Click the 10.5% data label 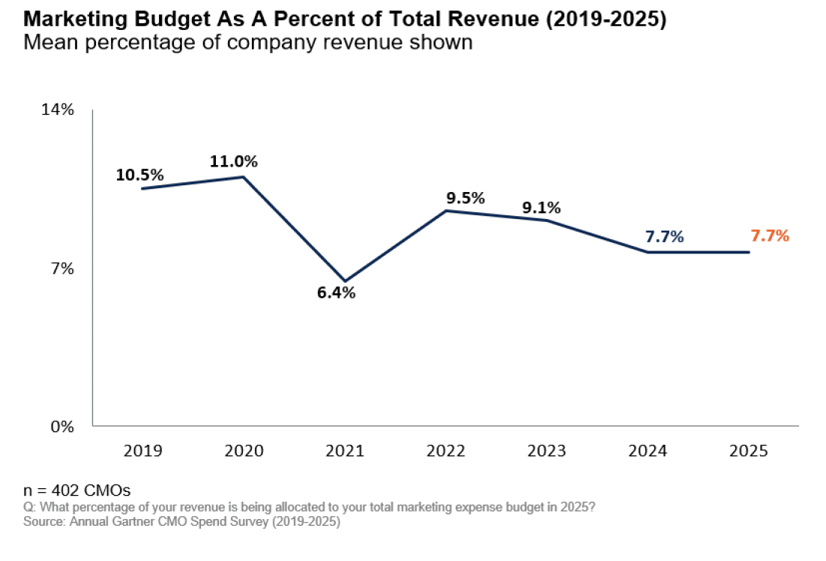tap(139, 175)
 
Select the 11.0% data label tap(233, 161)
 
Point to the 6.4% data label tap(336, 292)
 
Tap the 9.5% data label tap(465, 199)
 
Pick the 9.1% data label tap(541, 208)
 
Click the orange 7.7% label tap(770, 236)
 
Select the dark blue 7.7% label tap(664, 237)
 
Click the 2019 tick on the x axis tap(142, 451)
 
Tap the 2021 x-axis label tap(345, 451)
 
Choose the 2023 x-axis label tap(547, 451)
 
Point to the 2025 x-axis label tap(749, 451)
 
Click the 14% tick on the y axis tap(58, 109)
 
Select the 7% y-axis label tap(62, 268)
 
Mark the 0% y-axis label tap(62, 426)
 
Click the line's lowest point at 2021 tap(345, 281)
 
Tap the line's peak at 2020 tap(244, 177)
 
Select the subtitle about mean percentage tap(248, 42)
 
